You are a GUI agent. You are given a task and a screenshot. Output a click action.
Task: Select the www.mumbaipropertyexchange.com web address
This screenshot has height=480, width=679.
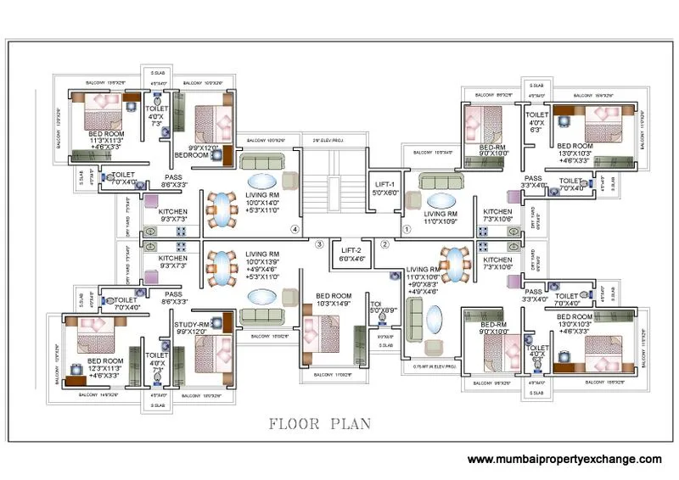(x=564, y=459)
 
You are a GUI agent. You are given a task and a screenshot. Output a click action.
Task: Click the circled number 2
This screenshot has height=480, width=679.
(x=384, y=244)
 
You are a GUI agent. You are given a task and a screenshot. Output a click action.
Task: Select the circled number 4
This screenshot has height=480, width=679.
(x=295, y=228)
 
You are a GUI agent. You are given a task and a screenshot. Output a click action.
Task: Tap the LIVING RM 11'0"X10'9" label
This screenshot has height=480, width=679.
(x=441, y=218)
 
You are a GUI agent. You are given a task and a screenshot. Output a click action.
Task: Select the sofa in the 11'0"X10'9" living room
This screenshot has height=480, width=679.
(x=440, y=181)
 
